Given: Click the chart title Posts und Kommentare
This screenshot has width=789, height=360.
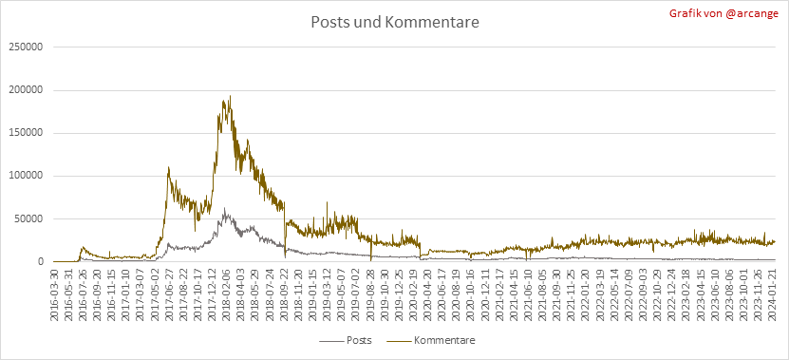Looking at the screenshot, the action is pos(395,23).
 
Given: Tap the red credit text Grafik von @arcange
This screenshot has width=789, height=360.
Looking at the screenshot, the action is pos(723,13).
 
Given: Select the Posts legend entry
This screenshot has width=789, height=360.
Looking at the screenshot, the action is pos(346,340).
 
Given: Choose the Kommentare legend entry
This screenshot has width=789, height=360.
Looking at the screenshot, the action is pos(430,340).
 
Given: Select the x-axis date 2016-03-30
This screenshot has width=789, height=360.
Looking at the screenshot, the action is pos(54,291).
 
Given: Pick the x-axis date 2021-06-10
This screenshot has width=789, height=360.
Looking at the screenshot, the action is pos(529,291).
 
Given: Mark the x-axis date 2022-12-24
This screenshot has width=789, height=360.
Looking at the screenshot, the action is pos(672,291).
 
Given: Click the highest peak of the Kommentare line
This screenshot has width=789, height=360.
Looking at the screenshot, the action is pos(230,96).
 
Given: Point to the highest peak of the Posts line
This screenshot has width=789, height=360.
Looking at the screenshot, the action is pos(224,208).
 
